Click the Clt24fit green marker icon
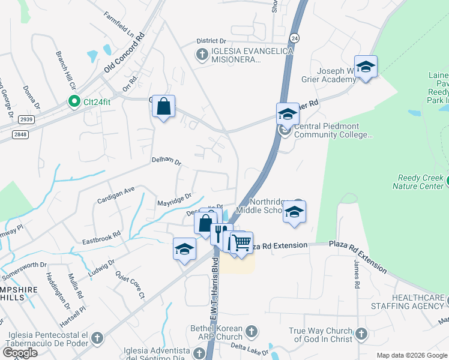[74, 101]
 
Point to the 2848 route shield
[20, 134]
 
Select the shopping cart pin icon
[241, 242]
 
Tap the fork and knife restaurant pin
[221, 233]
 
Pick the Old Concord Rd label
[125, 53]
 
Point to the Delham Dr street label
[166, 160]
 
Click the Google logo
[20, 353]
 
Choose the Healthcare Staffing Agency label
[418, 302]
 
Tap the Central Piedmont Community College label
[333, 134]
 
